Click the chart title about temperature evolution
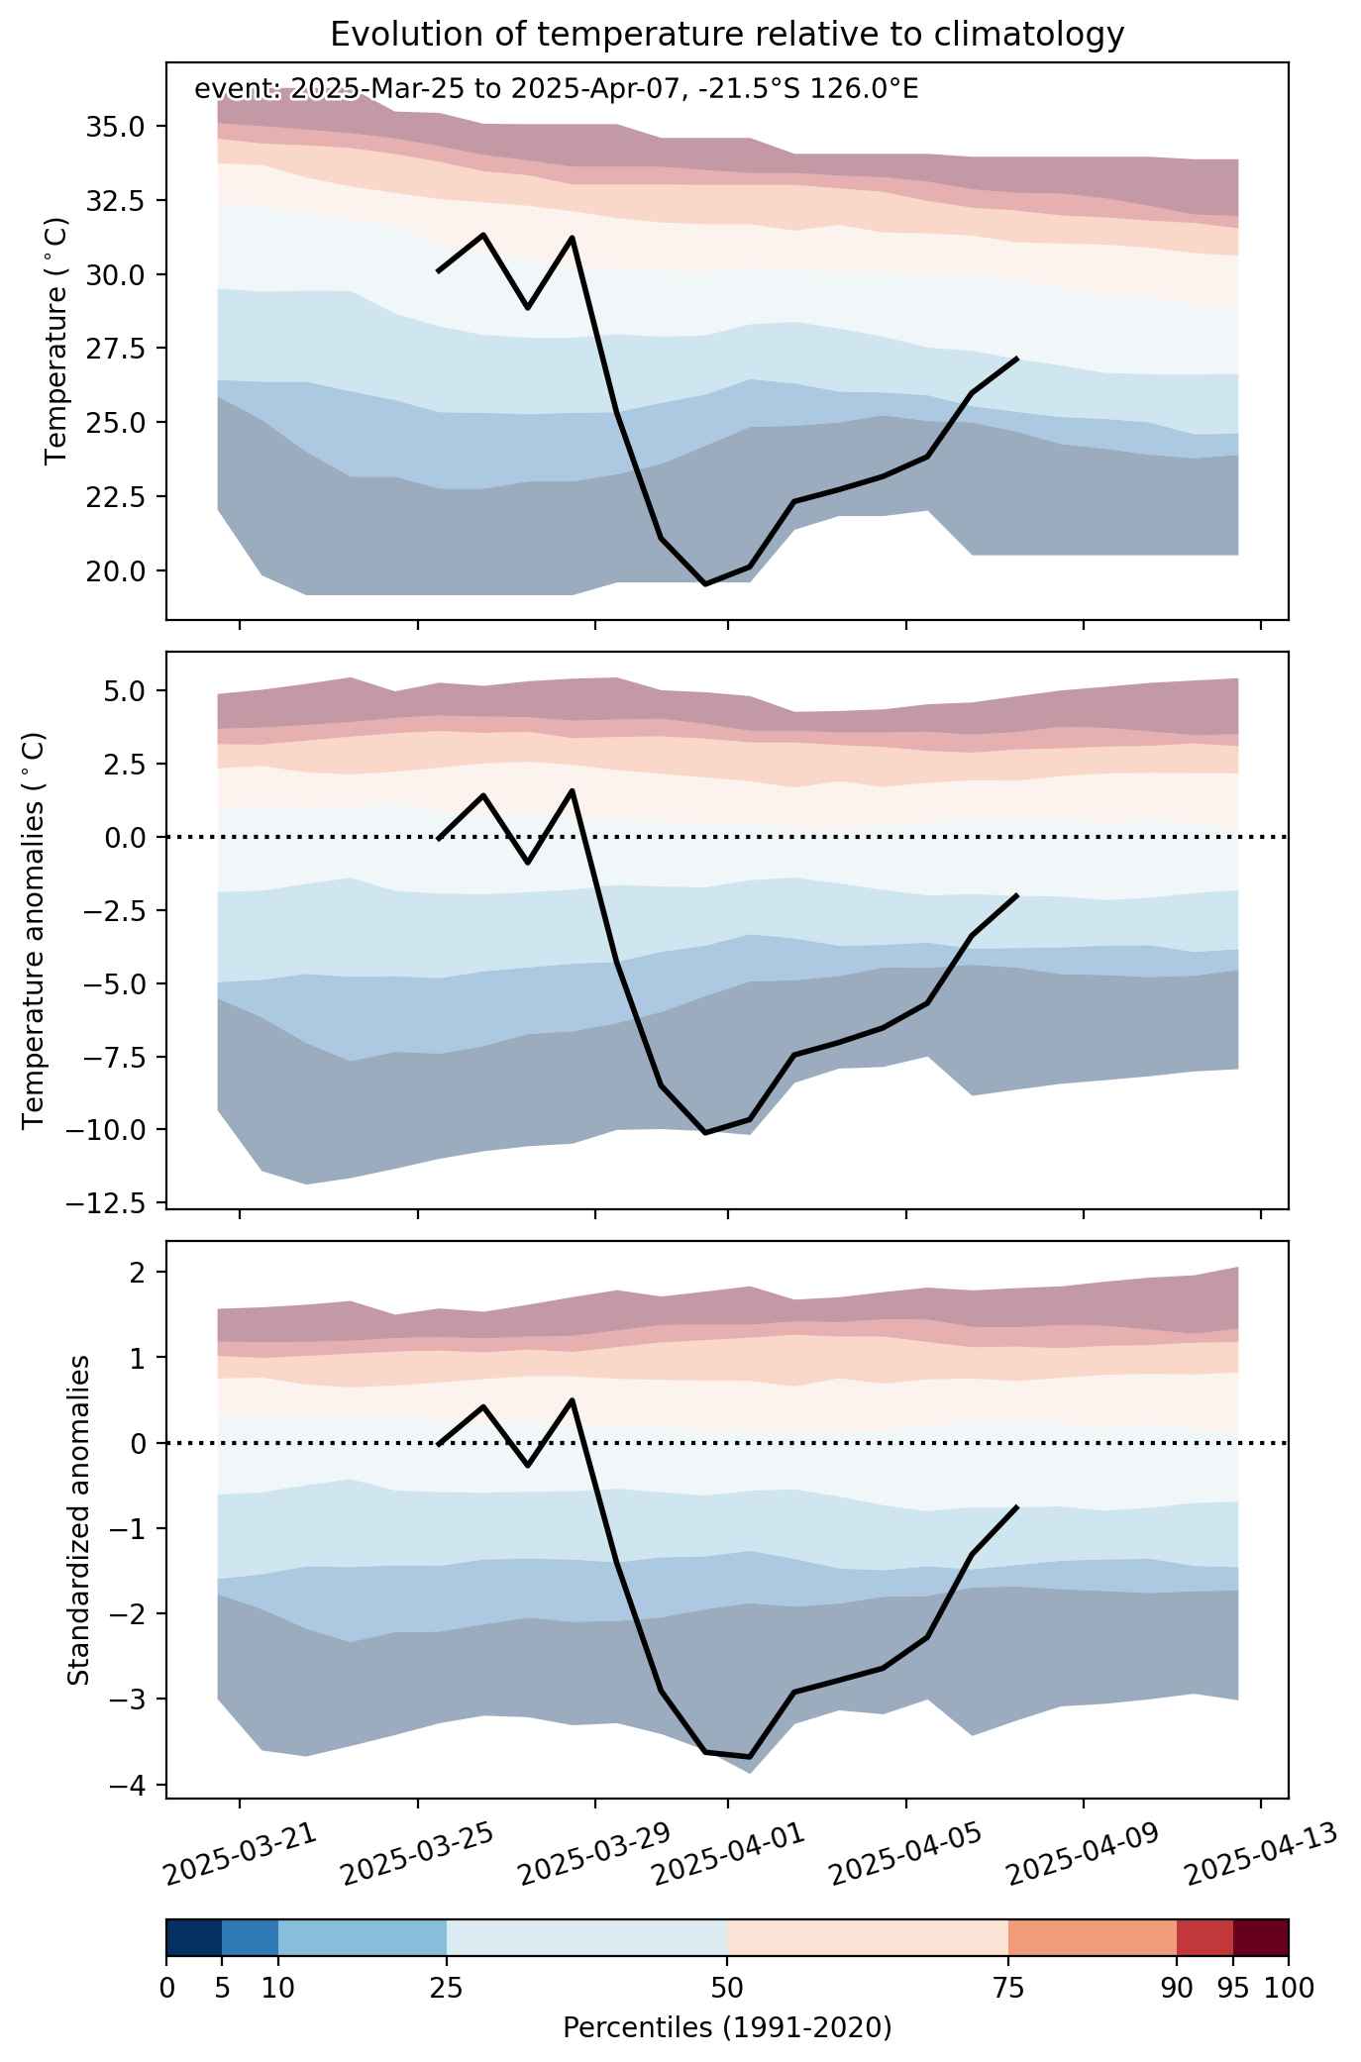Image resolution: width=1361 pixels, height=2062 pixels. coord(727,35)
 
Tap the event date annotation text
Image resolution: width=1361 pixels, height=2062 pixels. coord(557,90)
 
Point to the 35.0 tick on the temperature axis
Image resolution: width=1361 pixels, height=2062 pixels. coord(118,127)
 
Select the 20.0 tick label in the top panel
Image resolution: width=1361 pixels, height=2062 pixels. coord(118,570)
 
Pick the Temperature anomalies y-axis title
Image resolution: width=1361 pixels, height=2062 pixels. coord(34,929)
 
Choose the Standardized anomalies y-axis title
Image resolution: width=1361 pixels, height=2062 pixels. coord(78,1519)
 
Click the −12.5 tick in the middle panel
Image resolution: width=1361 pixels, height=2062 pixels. coord(111,1203)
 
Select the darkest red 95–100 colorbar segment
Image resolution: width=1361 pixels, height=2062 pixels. coord(1260,1938)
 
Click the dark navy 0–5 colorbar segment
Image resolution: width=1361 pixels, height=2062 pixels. coord(194,1938)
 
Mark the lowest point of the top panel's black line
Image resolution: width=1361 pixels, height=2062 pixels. coord(705,584)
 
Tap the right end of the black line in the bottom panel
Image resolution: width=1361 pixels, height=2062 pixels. coord(1017,1506)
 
